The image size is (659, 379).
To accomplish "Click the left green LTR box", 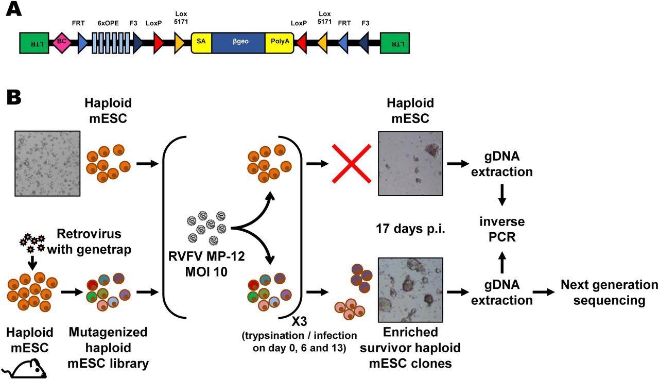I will click(33, 43).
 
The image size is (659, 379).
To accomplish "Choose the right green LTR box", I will click(394, 43).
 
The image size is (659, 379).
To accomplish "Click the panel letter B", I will click(14, 97).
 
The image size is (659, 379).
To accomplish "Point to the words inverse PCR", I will click(502, 230).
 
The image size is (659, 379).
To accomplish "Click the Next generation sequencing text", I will click(609, 292).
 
